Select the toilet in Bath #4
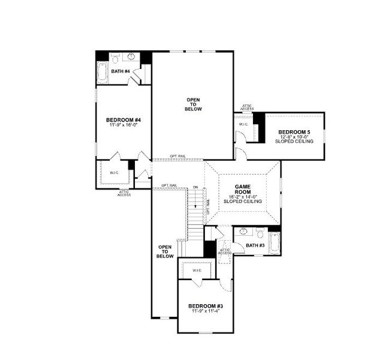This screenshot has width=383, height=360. tap(116, 58)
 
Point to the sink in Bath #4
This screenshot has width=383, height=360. tap(130, 57)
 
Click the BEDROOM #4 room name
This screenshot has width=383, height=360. tap(123, 119)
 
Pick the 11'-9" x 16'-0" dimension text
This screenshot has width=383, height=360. tap(123, 125)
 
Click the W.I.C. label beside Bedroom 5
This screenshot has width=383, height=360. tap(243, 124)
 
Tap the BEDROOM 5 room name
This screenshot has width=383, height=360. tap(295, 131)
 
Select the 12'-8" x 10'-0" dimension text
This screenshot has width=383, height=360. tap(295, 136)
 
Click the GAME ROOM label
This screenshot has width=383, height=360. tap(242, 190)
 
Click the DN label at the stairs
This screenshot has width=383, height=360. tap(195, 188)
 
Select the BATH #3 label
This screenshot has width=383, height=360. tap(254, 245)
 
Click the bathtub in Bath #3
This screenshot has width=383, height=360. tap(275, 243)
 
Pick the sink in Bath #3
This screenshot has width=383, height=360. tap(244, 231)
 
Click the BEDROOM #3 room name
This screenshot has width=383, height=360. tap(206, 305)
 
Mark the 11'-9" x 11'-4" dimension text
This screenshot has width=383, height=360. tap(206, 311)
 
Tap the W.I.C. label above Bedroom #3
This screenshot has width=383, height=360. tap(197, 271)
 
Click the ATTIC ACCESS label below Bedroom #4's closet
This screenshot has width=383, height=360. tap(124, 193)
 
